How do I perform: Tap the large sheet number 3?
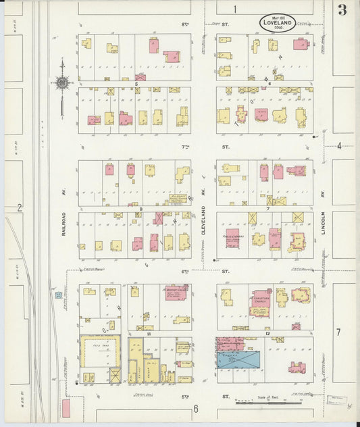(x=343, y=9)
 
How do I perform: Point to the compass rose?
(x=61, y=84)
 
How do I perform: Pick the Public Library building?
(x=233, y=240)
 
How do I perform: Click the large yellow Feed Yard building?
(x=100, y=351)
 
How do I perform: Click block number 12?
(x=267, y=334)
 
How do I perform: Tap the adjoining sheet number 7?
(x=338, y=332)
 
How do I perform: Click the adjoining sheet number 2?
(x=20, y=207)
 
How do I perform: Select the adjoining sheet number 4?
(x=339, y=145)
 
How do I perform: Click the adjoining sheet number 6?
(x=196, y=408)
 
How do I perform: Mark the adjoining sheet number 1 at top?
(x=235, y=9)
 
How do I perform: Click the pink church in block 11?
(x=176, y=293)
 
